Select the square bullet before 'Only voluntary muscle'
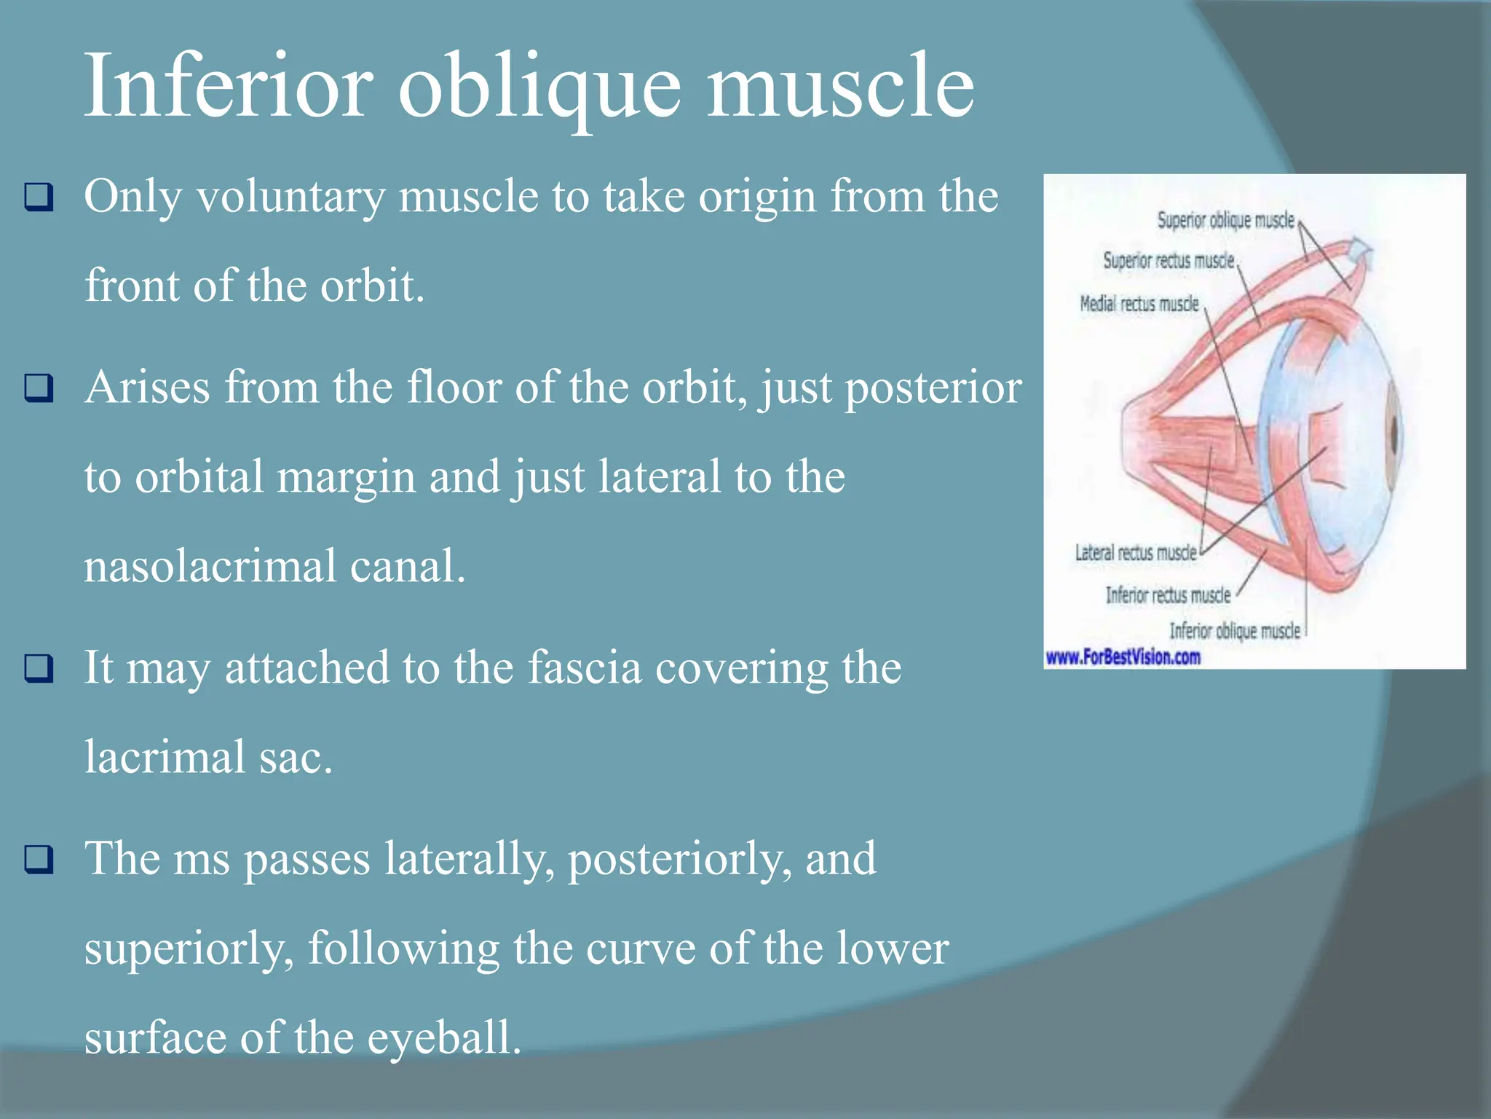pos(39,197)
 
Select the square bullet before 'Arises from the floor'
pos(39,388)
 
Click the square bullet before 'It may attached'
pos(39,668)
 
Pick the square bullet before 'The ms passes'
pos(39,860)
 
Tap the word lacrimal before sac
pos(165,757)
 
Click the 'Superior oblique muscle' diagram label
pos(1226,220)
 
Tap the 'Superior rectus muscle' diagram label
pos(1168,261)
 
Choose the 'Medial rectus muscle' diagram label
pos(1139,304)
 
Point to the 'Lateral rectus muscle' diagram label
pos(1136,553)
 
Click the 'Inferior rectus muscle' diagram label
pos(1168,595)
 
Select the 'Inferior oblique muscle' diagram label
pos(1234,631)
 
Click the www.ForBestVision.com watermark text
pos(1123,657)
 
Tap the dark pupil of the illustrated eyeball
pos(1393,435)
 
